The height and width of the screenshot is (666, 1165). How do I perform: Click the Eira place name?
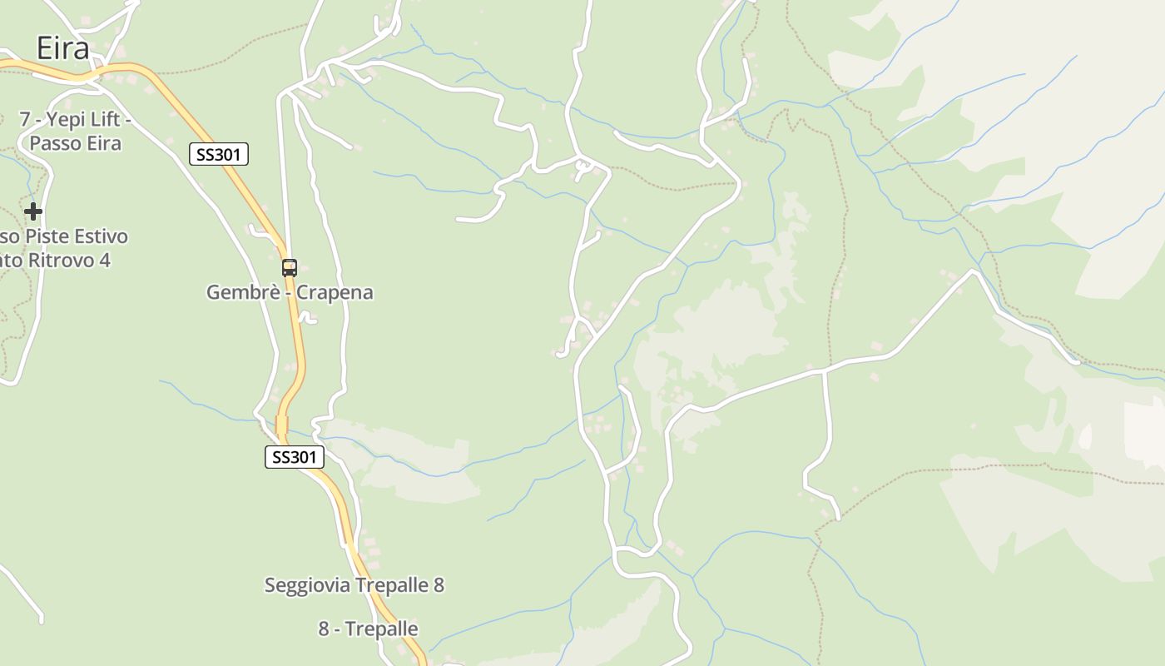pos(62,48)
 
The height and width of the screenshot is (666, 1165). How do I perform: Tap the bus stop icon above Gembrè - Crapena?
pos(290,268)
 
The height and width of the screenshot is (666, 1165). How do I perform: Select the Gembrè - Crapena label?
pos(290,292)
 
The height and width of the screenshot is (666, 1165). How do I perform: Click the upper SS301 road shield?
pos(219,154)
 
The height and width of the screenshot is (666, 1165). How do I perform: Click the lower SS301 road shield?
pos(295,456)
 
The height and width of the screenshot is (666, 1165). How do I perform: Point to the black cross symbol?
pos(33,211)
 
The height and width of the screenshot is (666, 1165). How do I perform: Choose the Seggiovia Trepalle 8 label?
pos(354,585)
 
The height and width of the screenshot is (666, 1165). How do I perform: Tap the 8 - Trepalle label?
pos(368,629)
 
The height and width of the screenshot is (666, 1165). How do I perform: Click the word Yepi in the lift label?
pos(65,119)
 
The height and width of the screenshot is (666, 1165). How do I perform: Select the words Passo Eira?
pos(75,143)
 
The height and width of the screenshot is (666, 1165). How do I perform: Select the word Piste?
pos(47,236)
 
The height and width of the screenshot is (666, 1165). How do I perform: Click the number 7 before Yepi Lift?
pos(25,119)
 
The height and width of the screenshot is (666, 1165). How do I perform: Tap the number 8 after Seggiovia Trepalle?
pos(439,585)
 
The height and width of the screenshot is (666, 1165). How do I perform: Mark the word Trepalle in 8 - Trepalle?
pos(382,629)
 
